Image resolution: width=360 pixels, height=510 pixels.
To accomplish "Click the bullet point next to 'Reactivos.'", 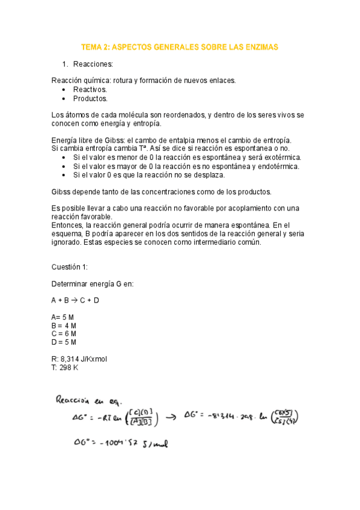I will coord(64,90).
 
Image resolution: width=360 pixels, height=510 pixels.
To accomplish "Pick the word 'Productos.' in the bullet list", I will coord(90,99).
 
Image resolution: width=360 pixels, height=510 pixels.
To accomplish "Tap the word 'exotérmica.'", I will coord(279,158).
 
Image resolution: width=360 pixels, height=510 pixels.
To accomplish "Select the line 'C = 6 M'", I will coord(64,334).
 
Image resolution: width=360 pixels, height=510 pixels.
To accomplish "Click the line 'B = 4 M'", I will coord(64,325).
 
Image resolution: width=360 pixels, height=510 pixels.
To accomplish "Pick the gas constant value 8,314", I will coord(75,359).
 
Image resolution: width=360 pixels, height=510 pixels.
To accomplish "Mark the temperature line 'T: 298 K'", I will coord(66,367).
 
